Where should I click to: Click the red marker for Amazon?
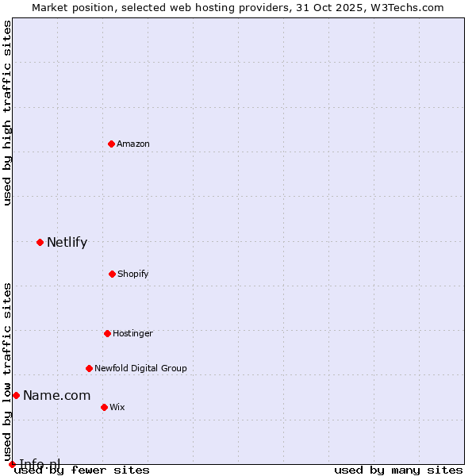tap(111, 144)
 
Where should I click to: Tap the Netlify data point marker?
tap(40, 242)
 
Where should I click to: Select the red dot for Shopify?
tap(112, 274)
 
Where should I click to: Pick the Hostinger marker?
tap(107, 333)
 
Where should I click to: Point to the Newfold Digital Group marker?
tap(89, 368)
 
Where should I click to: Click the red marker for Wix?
tap(104, 407)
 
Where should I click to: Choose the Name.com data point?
tap(16, 395)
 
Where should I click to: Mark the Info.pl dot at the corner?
tap(12, 464)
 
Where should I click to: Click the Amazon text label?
tap(133, 144)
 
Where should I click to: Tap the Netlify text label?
tap(67, 242)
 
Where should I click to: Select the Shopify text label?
tap(133, 274)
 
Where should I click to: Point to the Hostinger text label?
tap(132, 333)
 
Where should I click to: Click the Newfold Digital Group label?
tap(141, 368)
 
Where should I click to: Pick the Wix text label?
tap(117, 407)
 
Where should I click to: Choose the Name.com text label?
tap(56, 395)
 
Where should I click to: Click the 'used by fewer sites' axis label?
tap(82, 470)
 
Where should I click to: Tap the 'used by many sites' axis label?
tap(398, 470)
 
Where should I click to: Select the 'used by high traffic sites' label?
tap(7, 113)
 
